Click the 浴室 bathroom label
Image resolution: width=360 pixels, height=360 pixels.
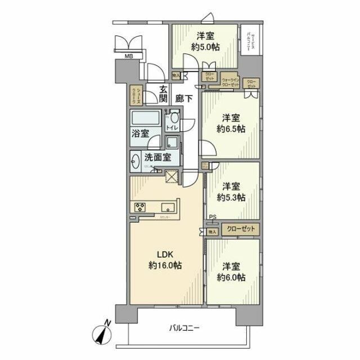[x=141, y=133]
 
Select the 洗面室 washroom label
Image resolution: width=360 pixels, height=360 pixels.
[x=157, y=159]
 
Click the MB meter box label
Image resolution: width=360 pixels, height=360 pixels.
[x=129, y=56]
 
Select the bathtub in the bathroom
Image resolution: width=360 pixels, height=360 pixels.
[x=146, y=119]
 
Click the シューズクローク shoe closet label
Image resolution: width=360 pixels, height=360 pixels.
[x=135, y=96]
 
